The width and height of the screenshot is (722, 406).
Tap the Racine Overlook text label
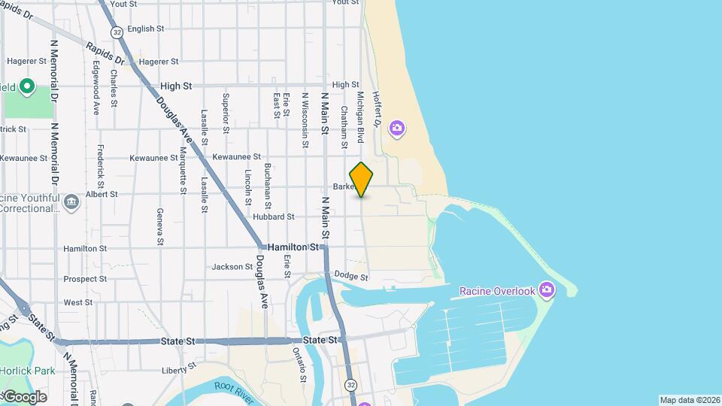tap(497, 291)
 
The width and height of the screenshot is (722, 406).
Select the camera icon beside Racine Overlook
tap(547, 289)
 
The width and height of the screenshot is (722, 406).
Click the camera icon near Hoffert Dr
tap(396, 130)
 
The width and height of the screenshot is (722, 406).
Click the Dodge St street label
tap(351, 276)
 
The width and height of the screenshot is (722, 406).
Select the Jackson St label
tap(232, 267)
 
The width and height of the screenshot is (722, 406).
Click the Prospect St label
tap(86, 279)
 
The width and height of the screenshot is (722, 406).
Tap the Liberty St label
tap(179, 368)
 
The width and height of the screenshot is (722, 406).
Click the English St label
tap(146, 29)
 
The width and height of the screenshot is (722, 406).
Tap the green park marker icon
tap(27, 86)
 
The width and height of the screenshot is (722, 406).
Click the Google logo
tap(24, 397)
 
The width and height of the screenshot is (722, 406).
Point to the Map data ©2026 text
tap(690, 400)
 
